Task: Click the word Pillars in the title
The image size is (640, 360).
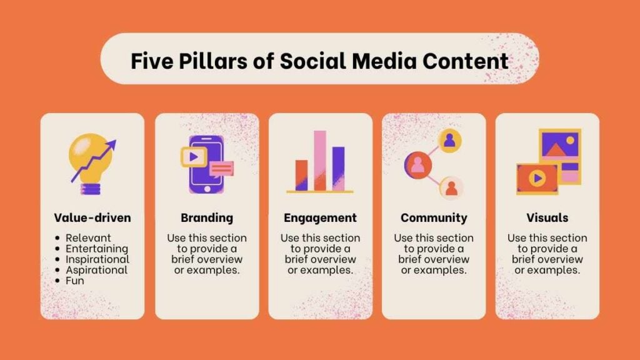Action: [212, 61]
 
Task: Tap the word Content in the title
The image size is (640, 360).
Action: [465, 61]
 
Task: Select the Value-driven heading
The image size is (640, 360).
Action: [92, 217]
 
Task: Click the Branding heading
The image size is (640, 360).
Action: [207, 218]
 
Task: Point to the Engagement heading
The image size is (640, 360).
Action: [321, 218]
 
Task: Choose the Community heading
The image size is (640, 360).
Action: [434, 218]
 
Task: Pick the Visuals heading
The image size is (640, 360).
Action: [547, 217]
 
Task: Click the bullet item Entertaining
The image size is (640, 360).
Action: [97, 249]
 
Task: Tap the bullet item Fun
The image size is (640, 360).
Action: [75, 281]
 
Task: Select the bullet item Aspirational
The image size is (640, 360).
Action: [97, 270]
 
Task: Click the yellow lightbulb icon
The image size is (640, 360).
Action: [91, 163]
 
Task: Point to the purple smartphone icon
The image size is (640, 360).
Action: [206, 164]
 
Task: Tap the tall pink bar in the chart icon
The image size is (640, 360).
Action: [320, 161]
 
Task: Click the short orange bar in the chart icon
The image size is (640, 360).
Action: [302, 175]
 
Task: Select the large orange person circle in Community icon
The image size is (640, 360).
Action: [418, 165]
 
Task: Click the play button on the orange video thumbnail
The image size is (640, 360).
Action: [537, 178]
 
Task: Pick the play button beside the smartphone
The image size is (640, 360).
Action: [194, 157]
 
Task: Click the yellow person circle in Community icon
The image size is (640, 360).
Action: [449, 141]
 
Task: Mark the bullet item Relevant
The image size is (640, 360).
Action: [88, 238]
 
